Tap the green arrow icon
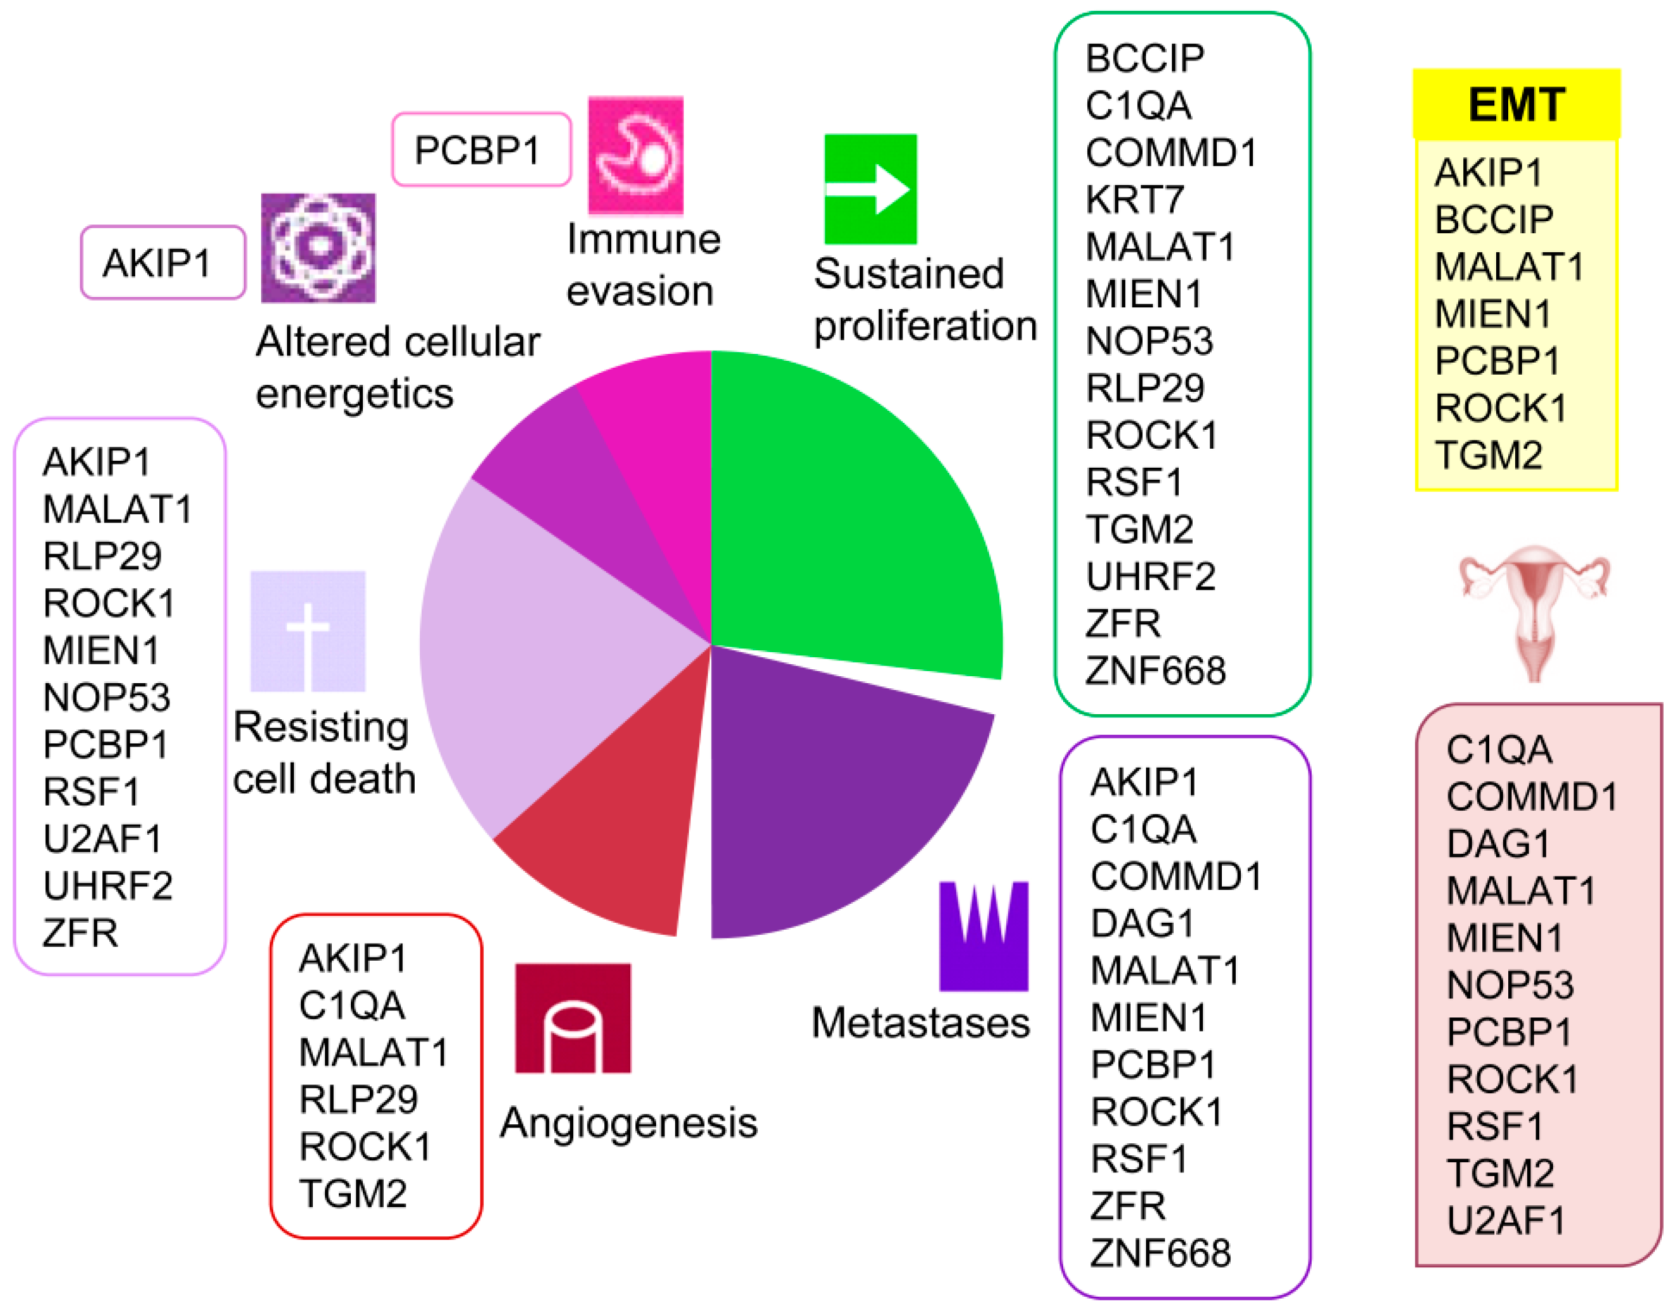click(870, 189)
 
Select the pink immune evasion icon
click(635, 155)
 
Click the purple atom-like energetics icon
click(318, 247)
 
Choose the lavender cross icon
click(307, 631)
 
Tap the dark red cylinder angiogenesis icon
click(572, 1017)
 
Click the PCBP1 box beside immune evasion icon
click(481, 150)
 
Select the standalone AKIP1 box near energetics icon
click(163, 263)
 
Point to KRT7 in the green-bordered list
click(1134, 200)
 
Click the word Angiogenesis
click(628, 1122)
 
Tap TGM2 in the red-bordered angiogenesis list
click(353, 1193)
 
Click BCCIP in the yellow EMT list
click(1493, 220)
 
